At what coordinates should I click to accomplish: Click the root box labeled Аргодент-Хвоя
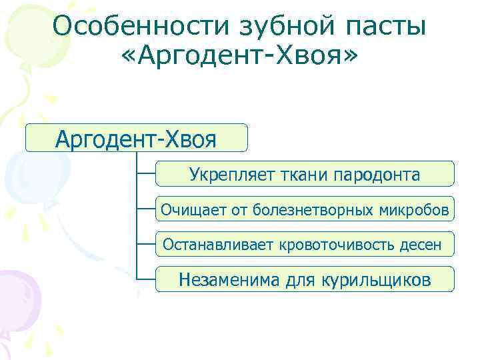(136, 138)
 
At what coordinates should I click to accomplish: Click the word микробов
(417, 211)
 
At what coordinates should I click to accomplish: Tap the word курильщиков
(377, 280)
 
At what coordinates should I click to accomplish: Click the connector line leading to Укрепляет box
(145, 173)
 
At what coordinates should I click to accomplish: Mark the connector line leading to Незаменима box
(145, 279)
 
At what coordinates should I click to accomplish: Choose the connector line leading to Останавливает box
(145, 244)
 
